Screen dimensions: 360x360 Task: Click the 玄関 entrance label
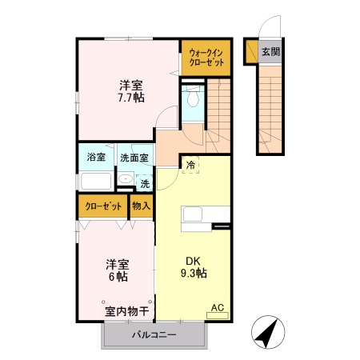[x=270, y=52]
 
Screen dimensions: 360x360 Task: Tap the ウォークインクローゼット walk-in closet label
[x=206, y=58]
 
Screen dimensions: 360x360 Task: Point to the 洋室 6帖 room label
[x=117, y=270]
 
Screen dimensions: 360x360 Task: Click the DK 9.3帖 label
[x=193, y=267]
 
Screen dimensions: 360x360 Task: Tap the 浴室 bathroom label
[x=96, y=158]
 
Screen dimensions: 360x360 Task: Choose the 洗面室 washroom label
[x=134, y=158]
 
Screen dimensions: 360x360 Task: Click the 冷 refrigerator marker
[x=190, y=165]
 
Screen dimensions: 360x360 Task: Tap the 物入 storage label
[x=141, y=206]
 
